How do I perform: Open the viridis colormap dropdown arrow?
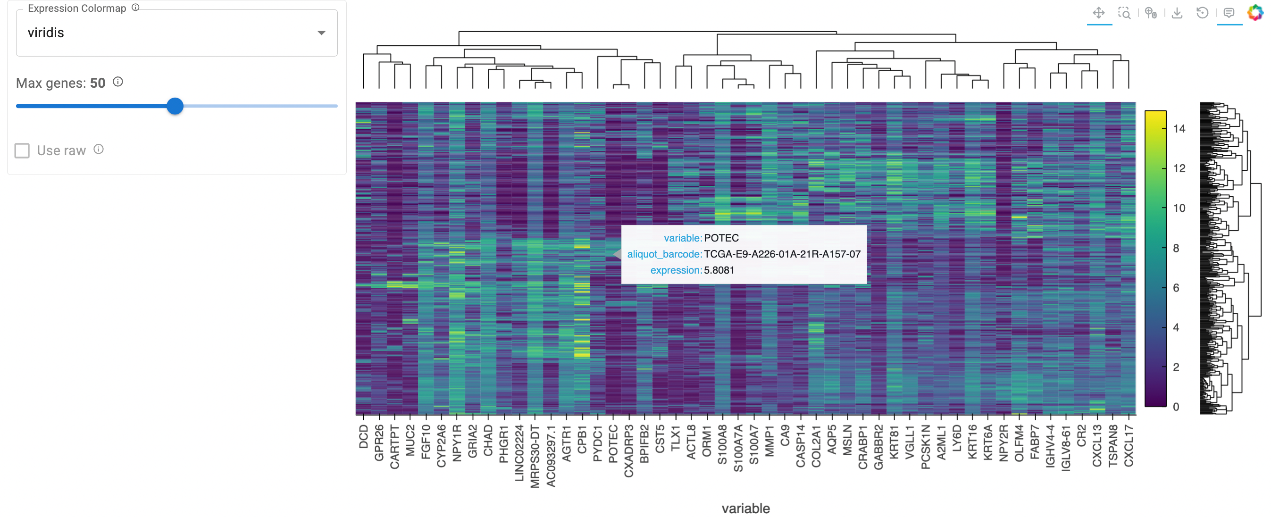click(321, 33)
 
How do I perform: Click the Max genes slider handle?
click(175, 106)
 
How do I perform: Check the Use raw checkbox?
click(22, 150)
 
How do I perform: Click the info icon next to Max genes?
click(118, 82)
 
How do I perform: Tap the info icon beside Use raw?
click(99, 150)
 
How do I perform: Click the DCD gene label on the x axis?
click(364, 437)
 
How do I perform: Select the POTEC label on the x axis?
click(613, 444)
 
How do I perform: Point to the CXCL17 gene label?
click(1129, 445)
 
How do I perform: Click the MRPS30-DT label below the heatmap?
click(535, 456)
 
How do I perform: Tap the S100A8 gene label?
click(722, 444)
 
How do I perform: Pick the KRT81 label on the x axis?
click(894, 442)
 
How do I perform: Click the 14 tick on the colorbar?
click(1179, 129)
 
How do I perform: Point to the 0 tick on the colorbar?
click(1176, 407)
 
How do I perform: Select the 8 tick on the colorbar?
click(1176, 248)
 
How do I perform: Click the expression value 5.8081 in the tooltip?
click(719, 270)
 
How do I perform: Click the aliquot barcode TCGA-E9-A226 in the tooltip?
click(782, 254)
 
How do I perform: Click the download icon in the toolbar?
click(1177, 13)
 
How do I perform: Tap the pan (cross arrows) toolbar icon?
click(1098, 13)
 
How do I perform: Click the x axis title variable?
click(745, 508)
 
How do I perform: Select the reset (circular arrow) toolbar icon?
click(1203, 13)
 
